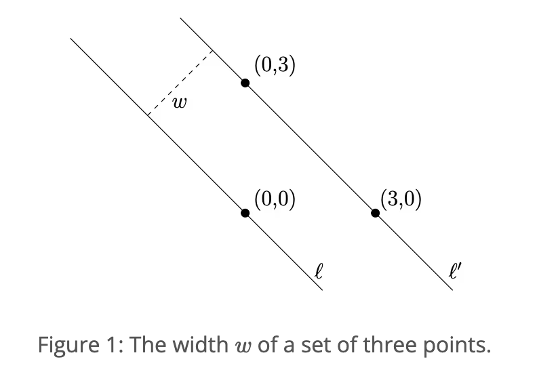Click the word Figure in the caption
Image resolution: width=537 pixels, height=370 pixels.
(x=62, y=345)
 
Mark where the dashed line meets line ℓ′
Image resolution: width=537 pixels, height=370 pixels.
(x=213, y=51)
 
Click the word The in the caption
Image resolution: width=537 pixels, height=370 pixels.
(x=143, y=345)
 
